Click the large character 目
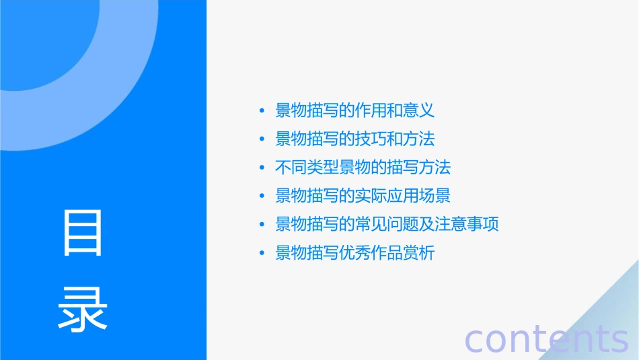pyautogui.click(x=83, y=233)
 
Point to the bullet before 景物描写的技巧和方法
pyautogui.click(x=262, y=139)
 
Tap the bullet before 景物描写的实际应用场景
pyautogui.click(x=262, y=196)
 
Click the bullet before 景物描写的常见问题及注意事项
pyautogui.click(x=262, y=225)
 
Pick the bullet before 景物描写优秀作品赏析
pyautogui.click(x=262, y=254)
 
